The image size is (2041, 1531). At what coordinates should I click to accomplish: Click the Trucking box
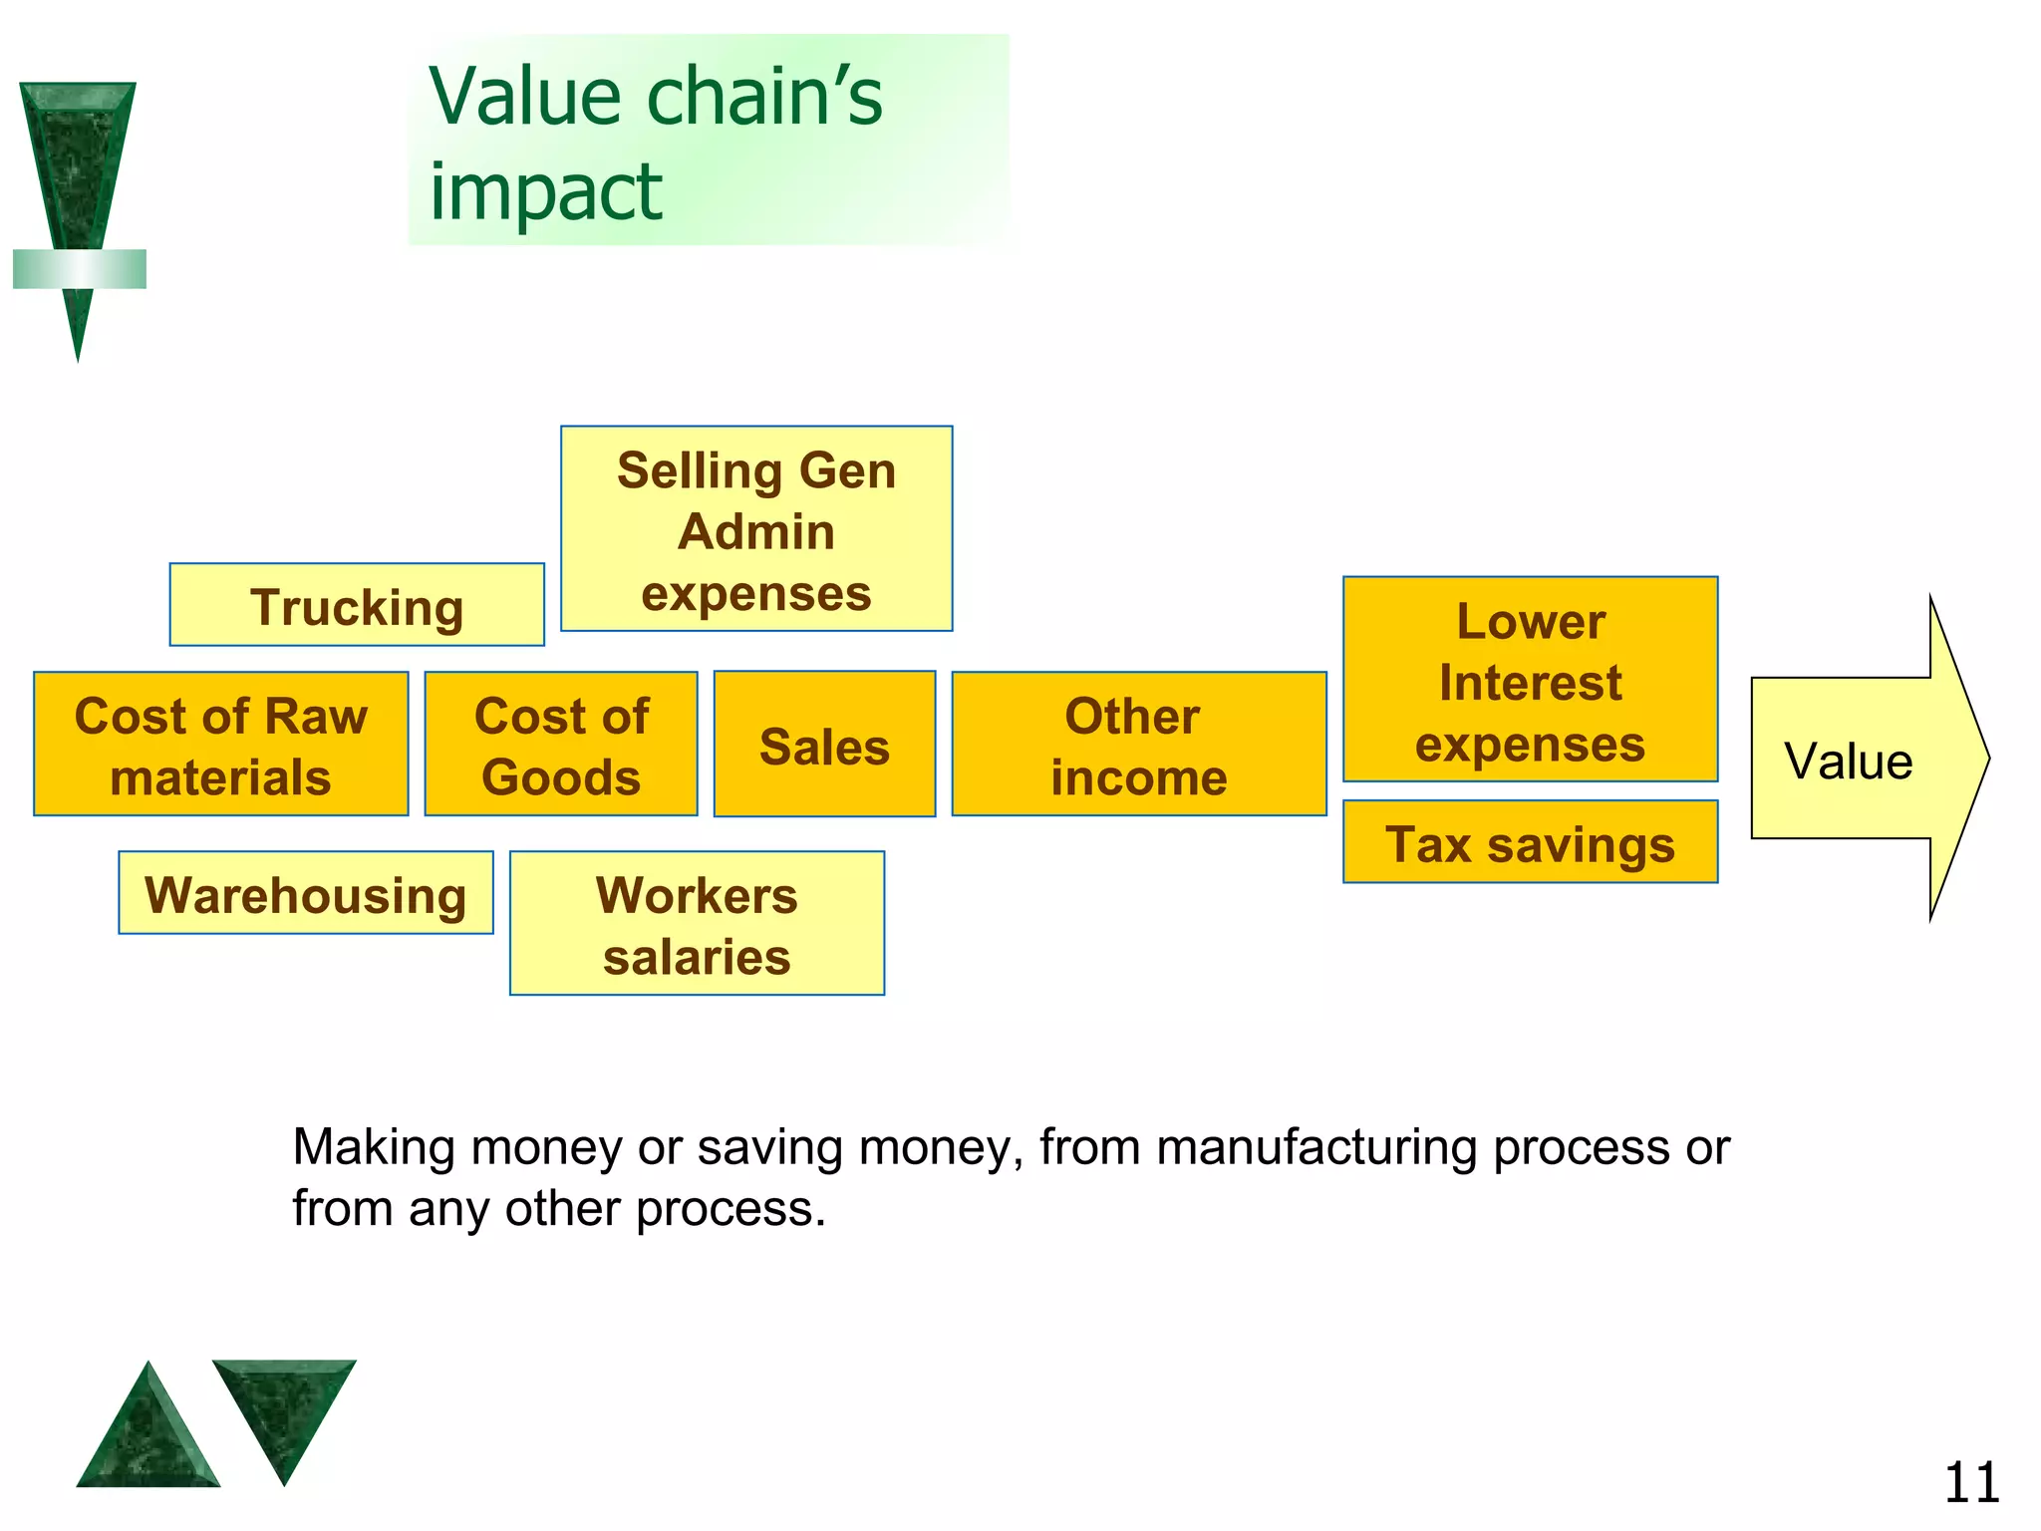357,605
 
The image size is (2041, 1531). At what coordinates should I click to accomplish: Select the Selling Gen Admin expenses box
756,529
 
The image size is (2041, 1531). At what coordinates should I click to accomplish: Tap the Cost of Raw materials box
221,745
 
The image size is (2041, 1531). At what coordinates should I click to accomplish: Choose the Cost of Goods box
561,745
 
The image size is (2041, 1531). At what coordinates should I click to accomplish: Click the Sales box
824,745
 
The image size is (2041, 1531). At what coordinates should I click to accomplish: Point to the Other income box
1138,745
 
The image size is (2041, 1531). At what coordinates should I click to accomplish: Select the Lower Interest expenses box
1530,680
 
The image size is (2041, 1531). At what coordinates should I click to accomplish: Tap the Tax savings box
1530,842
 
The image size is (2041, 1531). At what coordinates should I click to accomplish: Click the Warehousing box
306,893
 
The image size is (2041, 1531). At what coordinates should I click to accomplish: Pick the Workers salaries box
697,924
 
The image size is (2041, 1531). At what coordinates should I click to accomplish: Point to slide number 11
1970,1483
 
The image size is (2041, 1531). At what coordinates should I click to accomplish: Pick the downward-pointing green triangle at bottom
284,1405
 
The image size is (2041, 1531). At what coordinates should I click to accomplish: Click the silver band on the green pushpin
80,269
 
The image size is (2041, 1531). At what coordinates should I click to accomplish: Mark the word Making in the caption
374,1148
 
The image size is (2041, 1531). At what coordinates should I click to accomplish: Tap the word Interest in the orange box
1530,683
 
